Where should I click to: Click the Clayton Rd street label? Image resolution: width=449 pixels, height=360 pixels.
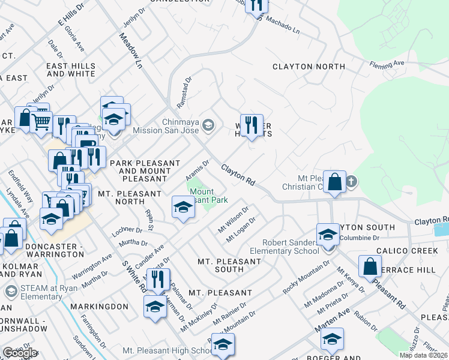[238, 175]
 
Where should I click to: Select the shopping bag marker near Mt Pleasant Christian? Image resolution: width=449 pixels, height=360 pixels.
[336, 181]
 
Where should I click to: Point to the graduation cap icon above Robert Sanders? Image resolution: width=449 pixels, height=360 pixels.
[328, 234]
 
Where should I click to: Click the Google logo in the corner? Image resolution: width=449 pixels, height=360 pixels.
[20, 353]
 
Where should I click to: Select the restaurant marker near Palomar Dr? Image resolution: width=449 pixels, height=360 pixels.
[158, 279]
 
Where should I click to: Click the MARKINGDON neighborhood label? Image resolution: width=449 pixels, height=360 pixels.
[99, 306]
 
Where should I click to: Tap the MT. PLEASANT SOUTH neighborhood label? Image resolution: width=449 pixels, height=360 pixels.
[229, 265]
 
